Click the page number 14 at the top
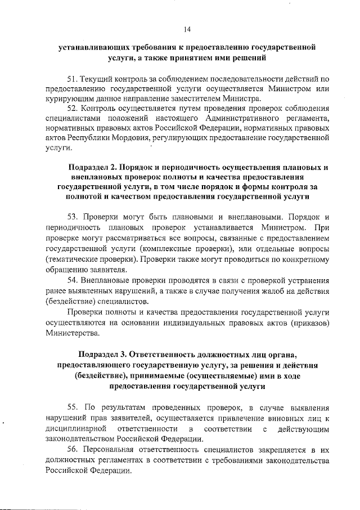pyautogui.click(x=187, y=30)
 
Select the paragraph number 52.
pyautogui.click(x=71, y=107)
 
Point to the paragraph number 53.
pyautogui.click(x=71, y=217)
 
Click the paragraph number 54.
pyautogui.click(x=71, y=280)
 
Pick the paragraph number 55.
pyautogui.click(x=71, y=406)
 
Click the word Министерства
pyautogui.click(x=71, y=333)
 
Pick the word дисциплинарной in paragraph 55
pyautogui.click(x=73, y=428)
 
